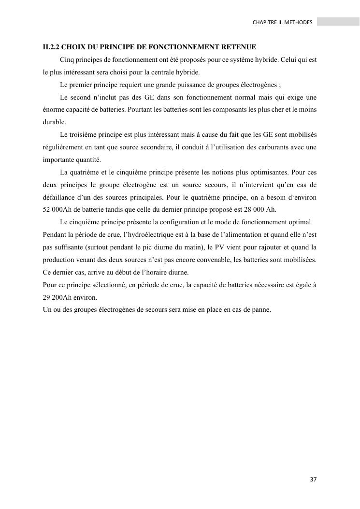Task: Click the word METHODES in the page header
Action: pos(300,22)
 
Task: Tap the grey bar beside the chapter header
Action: pos(338,22)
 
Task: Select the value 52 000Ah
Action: pos(57,210)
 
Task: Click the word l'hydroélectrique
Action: pos(150,234)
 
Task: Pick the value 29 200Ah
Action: pos(58,297)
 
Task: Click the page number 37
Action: pos(313,480)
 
